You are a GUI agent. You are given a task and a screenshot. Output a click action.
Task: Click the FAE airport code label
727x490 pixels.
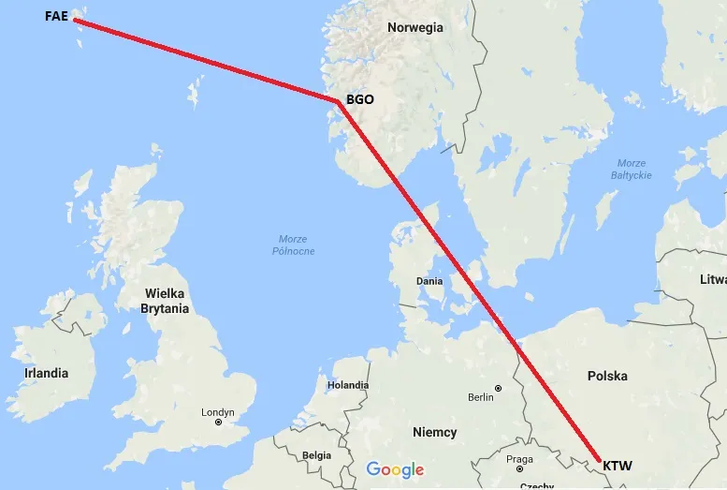point(56,16)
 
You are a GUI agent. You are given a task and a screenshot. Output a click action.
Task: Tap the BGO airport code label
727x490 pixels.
point(360,98)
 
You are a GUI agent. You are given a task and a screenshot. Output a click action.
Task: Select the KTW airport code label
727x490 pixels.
point(617,465)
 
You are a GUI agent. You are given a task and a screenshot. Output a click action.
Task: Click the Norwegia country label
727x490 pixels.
point(415,27)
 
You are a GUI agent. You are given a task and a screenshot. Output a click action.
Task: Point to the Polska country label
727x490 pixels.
point(607,376)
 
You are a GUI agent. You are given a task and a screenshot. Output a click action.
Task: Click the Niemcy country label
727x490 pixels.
point(435,432)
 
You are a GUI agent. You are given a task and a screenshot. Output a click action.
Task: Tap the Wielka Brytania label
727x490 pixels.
point(165,301)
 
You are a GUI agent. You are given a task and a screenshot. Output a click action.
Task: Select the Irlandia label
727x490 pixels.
point(46,373)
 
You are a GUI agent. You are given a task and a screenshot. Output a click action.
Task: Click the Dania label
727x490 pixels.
point(429,280)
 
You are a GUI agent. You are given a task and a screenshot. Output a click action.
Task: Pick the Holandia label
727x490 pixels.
point(348,385)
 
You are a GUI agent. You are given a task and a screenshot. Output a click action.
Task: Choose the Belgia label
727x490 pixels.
point(316,455)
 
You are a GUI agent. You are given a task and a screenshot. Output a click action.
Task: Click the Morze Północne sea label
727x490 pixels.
point(294,245)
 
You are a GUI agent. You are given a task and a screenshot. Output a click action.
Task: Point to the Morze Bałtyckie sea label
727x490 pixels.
point(632,170)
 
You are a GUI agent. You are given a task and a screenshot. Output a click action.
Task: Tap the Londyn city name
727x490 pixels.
point(218,411)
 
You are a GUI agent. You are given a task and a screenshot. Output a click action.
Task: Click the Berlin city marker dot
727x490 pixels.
point(499,388)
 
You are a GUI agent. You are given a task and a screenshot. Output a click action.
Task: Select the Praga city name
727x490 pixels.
point(519,459)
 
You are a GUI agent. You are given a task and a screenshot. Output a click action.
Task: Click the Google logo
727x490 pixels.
point(395,470)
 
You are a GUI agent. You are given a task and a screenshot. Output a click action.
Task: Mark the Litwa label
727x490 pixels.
point(712,279)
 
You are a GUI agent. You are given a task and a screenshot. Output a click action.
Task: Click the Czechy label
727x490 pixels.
point(536,485)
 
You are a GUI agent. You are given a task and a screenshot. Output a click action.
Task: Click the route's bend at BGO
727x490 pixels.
point(337,101)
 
